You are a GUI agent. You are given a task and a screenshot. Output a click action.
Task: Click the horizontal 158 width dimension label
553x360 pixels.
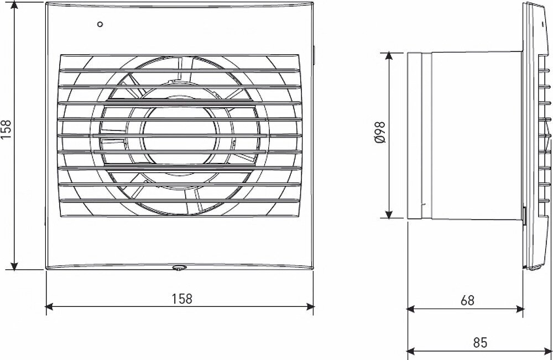click(182, 299)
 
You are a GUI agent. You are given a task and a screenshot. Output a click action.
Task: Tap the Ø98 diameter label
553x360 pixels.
click(380, 132)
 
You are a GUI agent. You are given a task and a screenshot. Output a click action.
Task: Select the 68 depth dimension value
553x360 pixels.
click(467, 300)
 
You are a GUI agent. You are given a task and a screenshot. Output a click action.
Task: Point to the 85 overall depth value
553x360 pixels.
click(479, 342)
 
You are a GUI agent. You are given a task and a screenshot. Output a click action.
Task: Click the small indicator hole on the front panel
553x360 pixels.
click(100, 24)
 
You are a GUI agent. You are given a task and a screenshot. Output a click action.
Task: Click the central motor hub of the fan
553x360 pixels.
click(180, 135)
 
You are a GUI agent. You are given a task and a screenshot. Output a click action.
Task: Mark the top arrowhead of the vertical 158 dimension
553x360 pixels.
click(14, 6)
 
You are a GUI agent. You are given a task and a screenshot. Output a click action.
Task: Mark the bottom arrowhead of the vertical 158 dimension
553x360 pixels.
click(14, 266)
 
